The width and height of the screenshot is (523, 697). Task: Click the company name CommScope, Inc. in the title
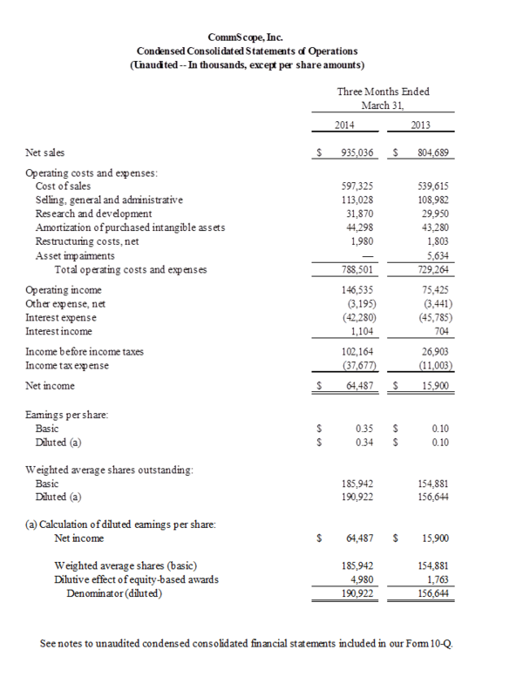coord(261,37)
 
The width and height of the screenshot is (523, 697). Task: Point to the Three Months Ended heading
coord(382,91)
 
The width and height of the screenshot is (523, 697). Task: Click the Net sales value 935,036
coord(355,152)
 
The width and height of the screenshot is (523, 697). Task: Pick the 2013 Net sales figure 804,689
coord(433,152)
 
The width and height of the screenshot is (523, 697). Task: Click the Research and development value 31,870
coord(359,213)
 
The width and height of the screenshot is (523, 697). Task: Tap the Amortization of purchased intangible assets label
coord(130,227)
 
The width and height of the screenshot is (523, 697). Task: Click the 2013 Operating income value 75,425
coord(436,290)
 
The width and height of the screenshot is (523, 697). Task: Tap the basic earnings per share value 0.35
coord(365,429)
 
